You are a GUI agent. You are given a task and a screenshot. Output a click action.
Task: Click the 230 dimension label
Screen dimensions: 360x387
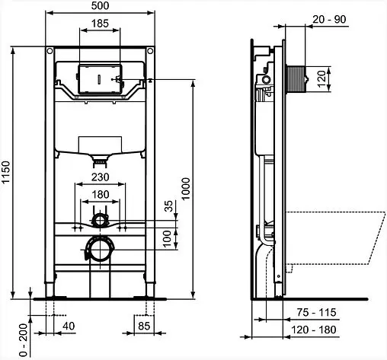tap(99, 177)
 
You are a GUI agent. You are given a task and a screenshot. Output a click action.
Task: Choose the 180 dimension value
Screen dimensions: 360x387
tap(99, 196)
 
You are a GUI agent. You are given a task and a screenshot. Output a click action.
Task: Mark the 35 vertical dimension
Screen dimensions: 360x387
tap(169, 207)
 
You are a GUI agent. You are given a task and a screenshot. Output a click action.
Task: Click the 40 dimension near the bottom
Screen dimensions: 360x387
tap(70, 326)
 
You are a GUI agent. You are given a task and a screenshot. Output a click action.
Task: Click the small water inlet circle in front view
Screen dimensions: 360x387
tap(99, 221)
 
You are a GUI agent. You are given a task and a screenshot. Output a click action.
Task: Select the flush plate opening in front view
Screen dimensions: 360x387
tap(99, 78)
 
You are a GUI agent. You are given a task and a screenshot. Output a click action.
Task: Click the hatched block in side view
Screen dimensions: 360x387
tap(295, 78)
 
